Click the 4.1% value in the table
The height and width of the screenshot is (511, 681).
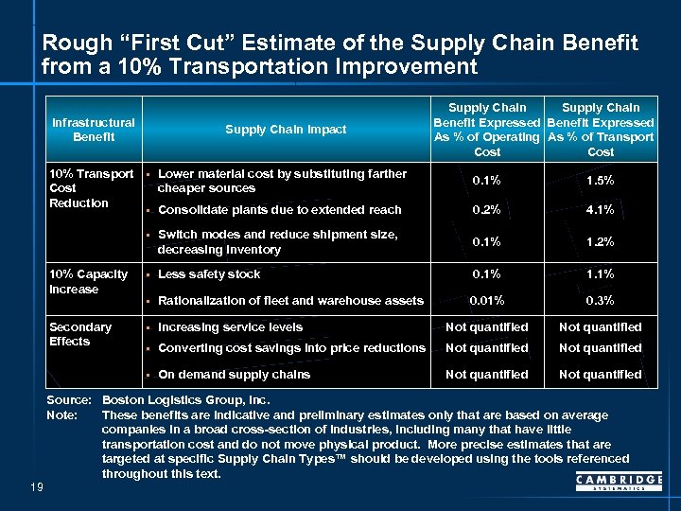coord(600,210)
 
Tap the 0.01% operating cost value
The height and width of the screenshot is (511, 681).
coord(487,301)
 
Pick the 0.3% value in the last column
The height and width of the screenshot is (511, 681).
coord(600,301)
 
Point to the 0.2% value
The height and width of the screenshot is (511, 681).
coord(487,210)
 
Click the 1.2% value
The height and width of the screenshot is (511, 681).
coord(600,241)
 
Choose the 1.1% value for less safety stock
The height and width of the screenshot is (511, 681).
coord(600,274)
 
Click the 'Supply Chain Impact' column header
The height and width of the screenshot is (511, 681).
coord(286,130)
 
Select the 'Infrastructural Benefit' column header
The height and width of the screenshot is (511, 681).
coord(94,130)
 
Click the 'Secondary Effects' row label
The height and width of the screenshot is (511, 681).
coord(80,334)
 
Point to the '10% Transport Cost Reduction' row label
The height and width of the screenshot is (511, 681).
coord(92,188)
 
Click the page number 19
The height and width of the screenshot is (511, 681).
coord(35,486)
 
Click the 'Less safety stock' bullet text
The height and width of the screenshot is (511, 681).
coord(209,274)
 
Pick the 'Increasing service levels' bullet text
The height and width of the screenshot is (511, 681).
coord(231,327)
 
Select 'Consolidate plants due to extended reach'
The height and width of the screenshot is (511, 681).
coord(279,210)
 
